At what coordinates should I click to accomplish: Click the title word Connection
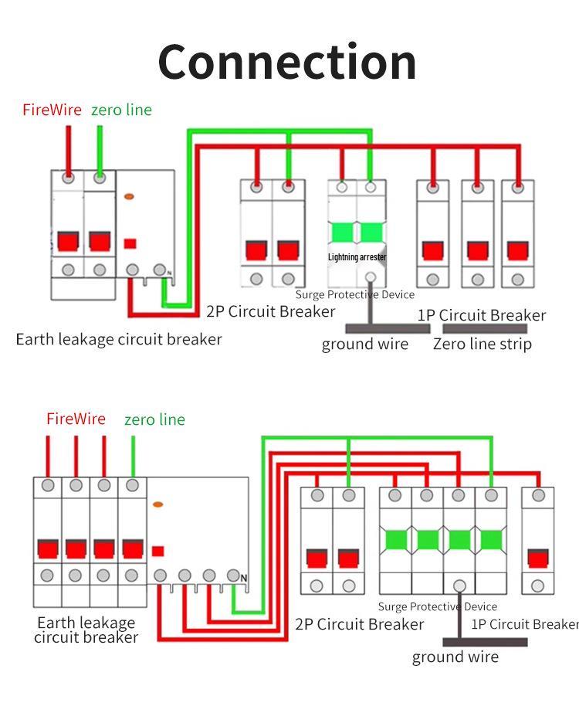coord(287,62)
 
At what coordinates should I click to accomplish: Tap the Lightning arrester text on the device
coord(357,257)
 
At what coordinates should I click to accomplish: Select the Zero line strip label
coord(482,344)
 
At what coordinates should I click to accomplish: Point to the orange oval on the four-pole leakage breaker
coord(158,504)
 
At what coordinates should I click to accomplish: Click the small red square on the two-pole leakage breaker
coord(130,243)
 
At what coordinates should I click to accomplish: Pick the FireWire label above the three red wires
coord(76,419)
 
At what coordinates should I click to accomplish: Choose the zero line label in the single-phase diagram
coord(121,110)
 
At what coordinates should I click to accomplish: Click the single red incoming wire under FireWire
coord(69,147)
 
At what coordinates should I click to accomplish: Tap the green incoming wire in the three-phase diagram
coord(133,456)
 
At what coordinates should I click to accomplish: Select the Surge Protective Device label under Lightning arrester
coord(355,294)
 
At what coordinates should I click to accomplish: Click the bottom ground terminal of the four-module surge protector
coord(460,586)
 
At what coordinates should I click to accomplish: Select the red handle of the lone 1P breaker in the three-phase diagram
coord(537,558)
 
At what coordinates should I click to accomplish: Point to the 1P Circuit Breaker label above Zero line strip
coord(481,315)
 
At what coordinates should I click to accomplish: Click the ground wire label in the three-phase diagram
coord(455,657)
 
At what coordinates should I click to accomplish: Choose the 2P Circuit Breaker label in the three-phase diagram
coord(359,624)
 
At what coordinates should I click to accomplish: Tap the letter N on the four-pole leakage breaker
coord(244,578)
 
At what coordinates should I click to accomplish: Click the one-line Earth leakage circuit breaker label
coord(119,339)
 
